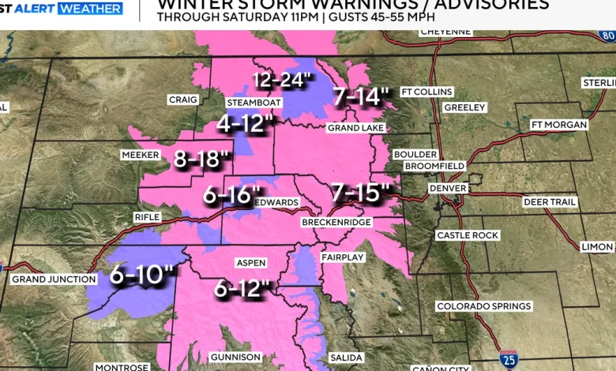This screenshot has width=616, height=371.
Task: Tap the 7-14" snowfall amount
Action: pyautogui.click(x=362, y=97)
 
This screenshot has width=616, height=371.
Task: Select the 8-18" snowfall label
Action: pyautogui.click(x=201, y=159)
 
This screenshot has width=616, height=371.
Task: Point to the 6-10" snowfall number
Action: pyautogui.click(x=141, y=275)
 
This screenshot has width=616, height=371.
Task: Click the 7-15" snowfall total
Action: pyautogui.click(x=361, y=192)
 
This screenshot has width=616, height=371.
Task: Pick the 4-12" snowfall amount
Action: pyautogui.click(x=246, y=124)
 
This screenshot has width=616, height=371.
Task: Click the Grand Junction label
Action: pyautogui.click(x=54, y=279)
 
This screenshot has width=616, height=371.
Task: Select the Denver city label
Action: pyautogui.click(x=448, y=189)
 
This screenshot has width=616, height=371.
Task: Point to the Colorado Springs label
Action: pyautogui.click(x=484, y=306)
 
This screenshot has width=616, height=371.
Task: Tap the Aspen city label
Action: pyautogui.click(x=251, y=263)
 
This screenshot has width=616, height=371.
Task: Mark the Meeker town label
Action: pyautogui.click(x=141, y=156)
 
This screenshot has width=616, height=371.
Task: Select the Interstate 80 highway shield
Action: pyautogui.click(x=607, y=36)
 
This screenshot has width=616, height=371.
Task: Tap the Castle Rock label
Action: pyautogui.click(x=467, y=236)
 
